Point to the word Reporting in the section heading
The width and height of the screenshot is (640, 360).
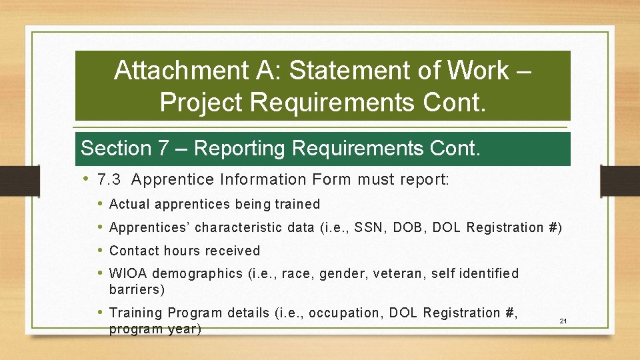(243, 148)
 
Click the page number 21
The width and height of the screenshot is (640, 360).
(563, 321)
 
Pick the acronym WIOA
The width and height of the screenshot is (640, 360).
(129, 273)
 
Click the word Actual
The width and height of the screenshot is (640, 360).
(129, 204)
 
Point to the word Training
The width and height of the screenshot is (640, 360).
(136, 313)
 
